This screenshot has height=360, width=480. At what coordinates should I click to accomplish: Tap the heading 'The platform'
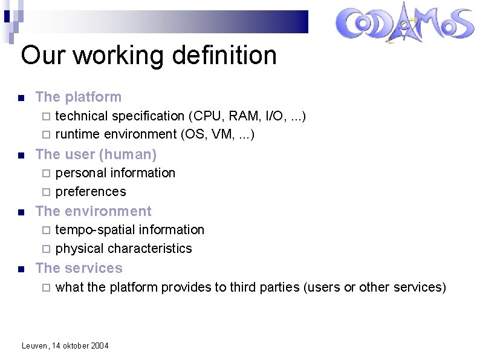pyautogui.click(x=79, y=97)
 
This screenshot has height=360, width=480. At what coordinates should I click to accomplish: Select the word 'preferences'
pyautogui.click(x=91, y=192)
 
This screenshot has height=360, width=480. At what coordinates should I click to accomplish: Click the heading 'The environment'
pyautogui.click(x=94, y=211)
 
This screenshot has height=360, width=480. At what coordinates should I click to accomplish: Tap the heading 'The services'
pyautogui.click(x=79, y=268)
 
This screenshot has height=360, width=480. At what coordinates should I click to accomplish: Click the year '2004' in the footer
pyautogui.click(x=100, y=345)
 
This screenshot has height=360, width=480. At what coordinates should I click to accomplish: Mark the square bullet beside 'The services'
pyautogui.click(x=21, y=269)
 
